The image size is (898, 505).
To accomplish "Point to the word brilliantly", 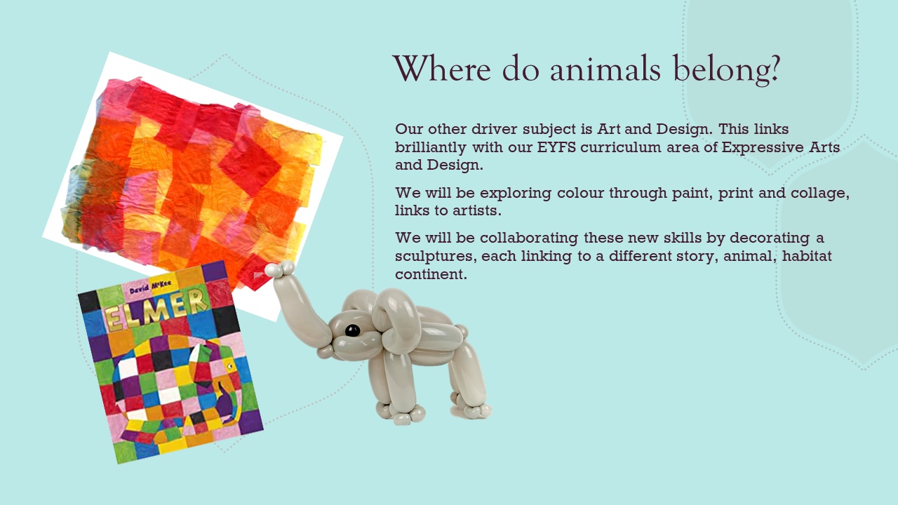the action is click(x=431, y=148).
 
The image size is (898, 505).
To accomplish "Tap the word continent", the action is click(x=431, y=274).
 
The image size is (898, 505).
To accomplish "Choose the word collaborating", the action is click(x=529, y=238).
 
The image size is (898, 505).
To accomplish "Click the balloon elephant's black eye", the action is click(x=352, y=330).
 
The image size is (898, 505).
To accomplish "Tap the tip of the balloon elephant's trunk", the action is click(x=279, y=269).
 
